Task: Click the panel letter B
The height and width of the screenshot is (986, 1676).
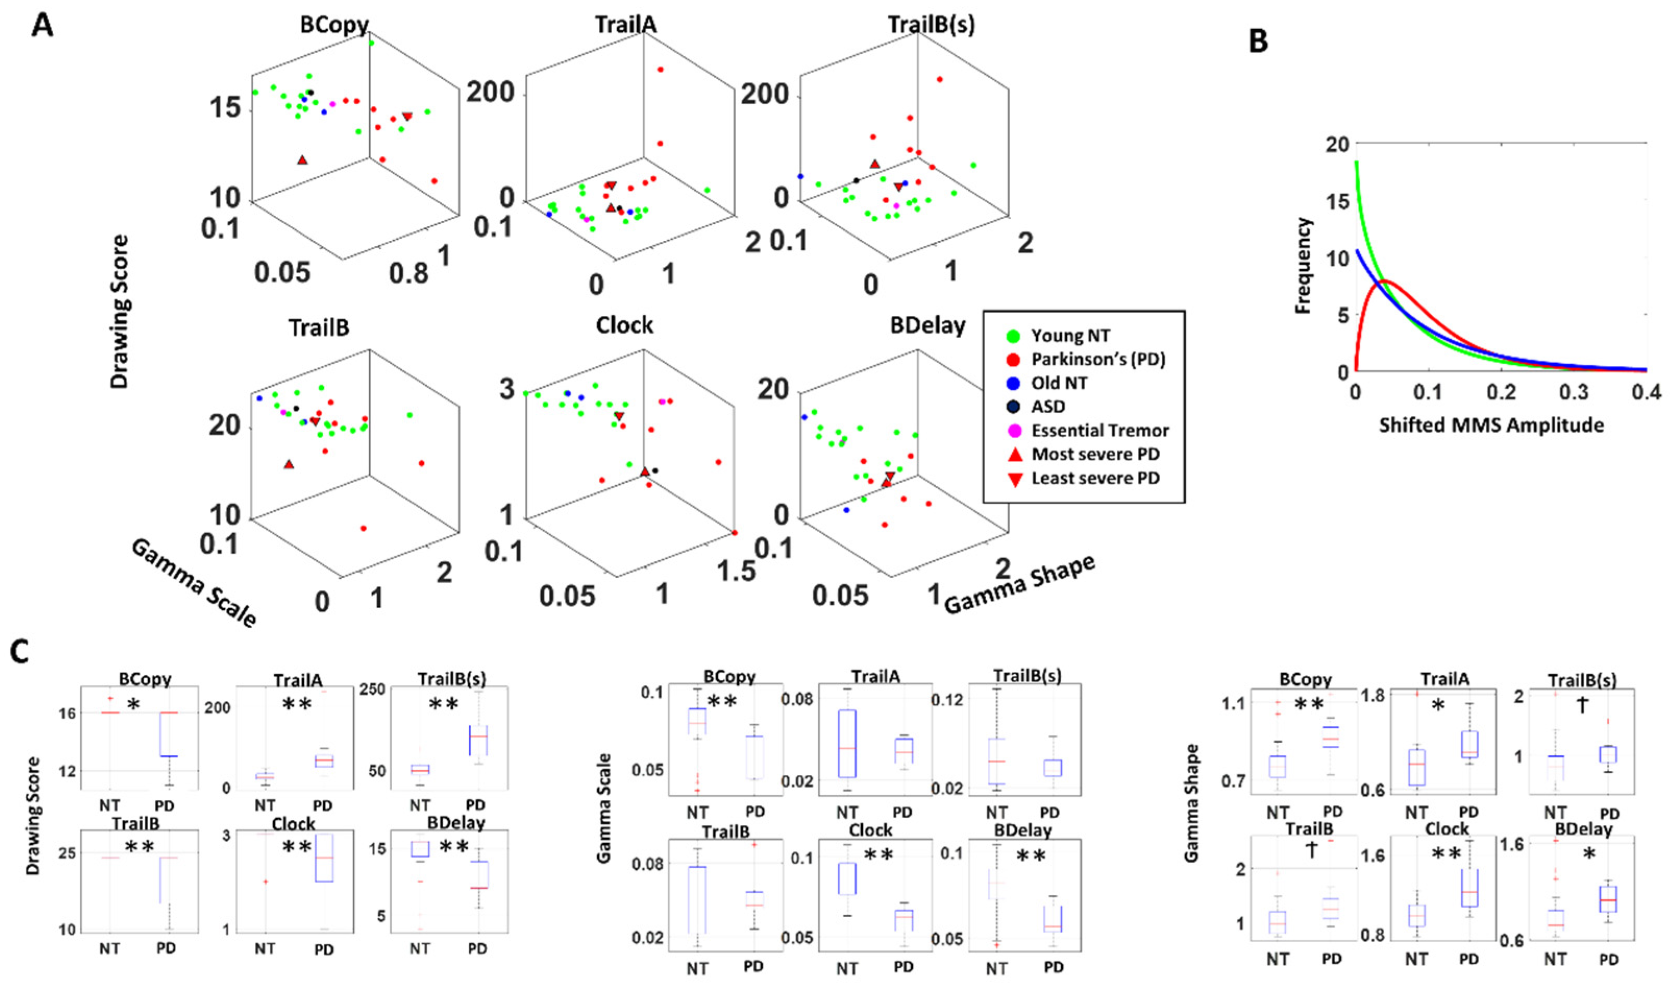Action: [x=1258, y=41]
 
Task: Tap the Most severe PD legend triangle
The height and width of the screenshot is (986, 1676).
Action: [x=1015, y=454]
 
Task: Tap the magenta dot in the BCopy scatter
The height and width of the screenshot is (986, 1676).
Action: [x=332, y=104]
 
